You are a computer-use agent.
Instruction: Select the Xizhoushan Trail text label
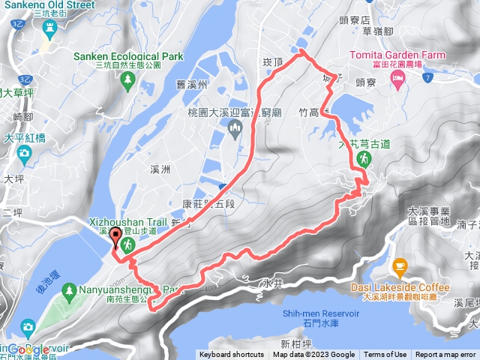click(x=127, y=222)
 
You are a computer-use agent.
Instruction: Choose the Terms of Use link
click(x=385, y=355)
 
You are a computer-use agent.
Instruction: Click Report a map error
click(x=445, y=355)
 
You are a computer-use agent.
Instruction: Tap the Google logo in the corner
click(x=28, y=349)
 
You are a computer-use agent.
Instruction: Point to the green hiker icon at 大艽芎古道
click(x=364, y=158)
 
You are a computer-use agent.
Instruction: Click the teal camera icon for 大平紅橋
click(x=25, y=154)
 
